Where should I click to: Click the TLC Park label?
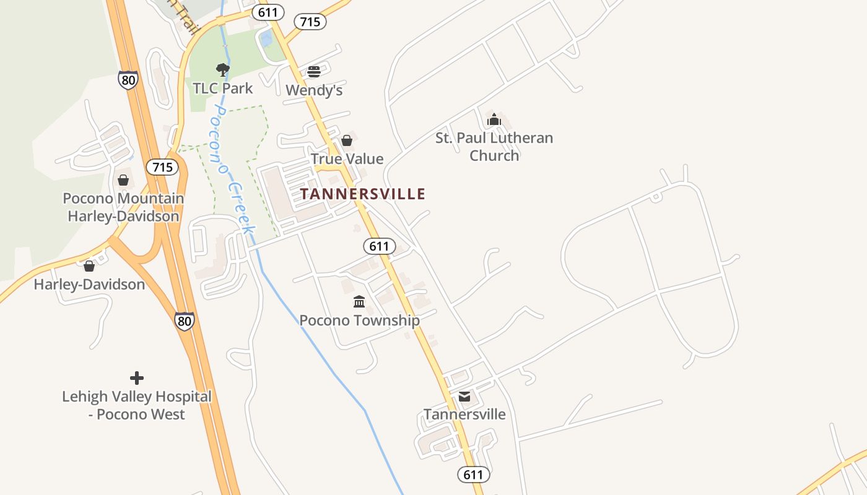[x=223, y=88]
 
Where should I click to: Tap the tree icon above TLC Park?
[x=223, y=69]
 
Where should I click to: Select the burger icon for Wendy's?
[x=314, y=72]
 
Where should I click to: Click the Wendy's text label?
[x=314, y=90]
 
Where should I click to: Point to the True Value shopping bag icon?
[x=347, y=140]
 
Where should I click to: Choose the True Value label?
[x=347, y=159]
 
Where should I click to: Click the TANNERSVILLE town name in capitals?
[x=363, y=194]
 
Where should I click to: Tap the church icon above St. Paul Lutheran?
[x=494, y=119]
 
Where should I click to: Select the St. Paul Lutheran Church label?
[x=494, y=147]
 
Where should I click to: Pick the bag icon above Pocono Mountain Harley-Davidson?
[x=123, y=180]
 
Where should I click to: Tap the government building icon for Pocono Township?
[x=359, y=301]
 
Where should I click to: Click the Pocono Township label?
[x=359, y=321]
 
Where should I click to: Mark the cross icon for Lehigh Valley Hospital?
[x=137, y=377]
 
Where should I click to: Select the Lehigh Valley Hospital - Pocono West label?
[x=137, y=405]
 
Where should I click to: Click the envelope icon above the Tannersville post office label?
[x=464, y=397]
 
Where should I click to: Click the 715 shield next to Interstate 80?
[x=162, y=167]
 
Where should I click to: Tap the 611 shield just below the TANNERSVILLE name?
[x=379, y=246]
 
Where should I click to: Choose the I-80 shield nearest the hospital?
[x=184, y=321]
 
